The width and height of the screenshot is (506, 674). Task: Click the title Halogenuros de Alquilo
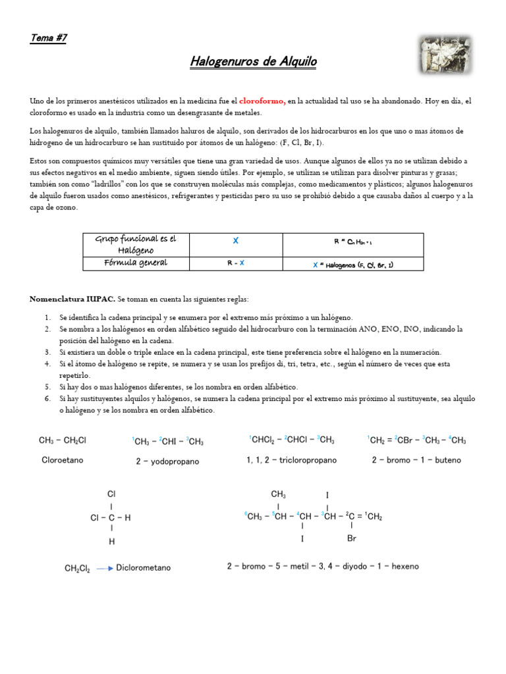pyautogui.click(x=254, y=62)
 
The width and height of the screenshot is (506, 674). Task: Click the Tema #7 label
pyautogui.click(x=48, y=38)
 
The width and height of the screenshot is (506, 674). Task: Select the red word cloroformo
pyautogui.click(x=262, y=101)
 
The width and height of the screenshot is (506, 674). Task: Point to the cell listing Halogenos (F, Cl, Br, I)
pyautogui.click(x=352, y=264)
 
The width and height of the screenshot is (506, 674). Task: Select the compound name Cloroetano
pyautogui.click(x=63, y=460)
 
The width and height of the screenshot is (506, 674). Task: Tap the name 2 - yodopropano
pyautogui.click(x=167, y=461)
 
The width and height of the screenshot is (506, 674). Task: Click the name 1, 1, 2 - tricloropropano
pyautogui.click(x=291, y=460)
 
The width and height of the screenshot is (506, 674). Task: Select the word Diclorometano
pyautogui.click(x=143, y=567)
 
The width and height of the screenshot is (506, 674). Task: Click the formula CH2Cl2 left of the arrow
pyautogui.click(x=77, y=567)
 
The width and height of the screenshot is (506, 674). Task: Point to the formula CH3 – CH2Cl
pyautogui.click(x=63, y=440)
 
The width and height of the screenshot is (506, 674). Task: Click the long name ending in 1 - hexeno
pyautogui.click(x=323, y=566)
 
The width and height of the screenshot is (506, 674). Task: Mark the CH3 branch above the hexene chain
pyautogui.click(x=278, y=494)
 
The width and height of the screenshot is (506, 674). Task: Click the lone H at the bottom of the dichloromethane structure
pyautogui.click(x=112, y=542)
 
